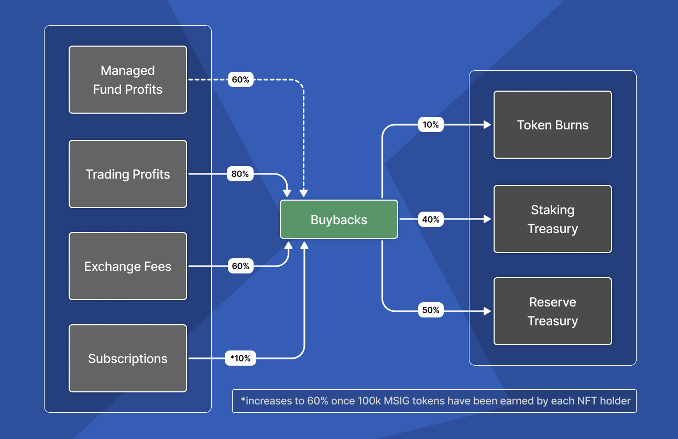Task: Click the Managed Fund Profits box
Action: click(128, 80)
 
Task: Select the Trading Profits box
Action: click(128, 174)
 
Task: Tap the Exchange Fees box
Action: click(128, 266)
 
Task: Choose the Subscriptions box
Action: click(128, 358)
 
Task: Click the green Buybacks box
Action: click(339, 220)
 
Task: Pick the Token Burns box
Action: click(553, 125)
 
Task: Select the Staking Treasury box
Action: click(553, 219)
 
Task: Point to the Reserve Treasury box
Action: click(553, 311)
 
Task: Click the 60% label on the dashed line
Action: click(240, 80)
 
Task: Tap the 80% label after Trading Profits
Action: click(240, 174)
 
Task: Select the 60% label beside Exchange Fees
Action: click(240, 266)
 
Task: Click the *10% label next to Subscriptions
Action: click(240, 358)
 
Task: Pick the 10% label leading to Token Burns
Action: click(431, 125)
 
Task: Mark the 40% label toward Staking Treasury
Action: click(431, 220)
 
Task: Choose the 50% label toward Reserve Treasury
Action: click(431, 310)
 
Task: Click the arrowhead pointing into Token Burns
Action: click(487, 125)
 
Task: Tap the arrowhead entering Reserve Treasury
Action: click(487, 311)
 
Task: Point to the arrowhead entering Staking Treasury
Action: click(487, 220)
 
